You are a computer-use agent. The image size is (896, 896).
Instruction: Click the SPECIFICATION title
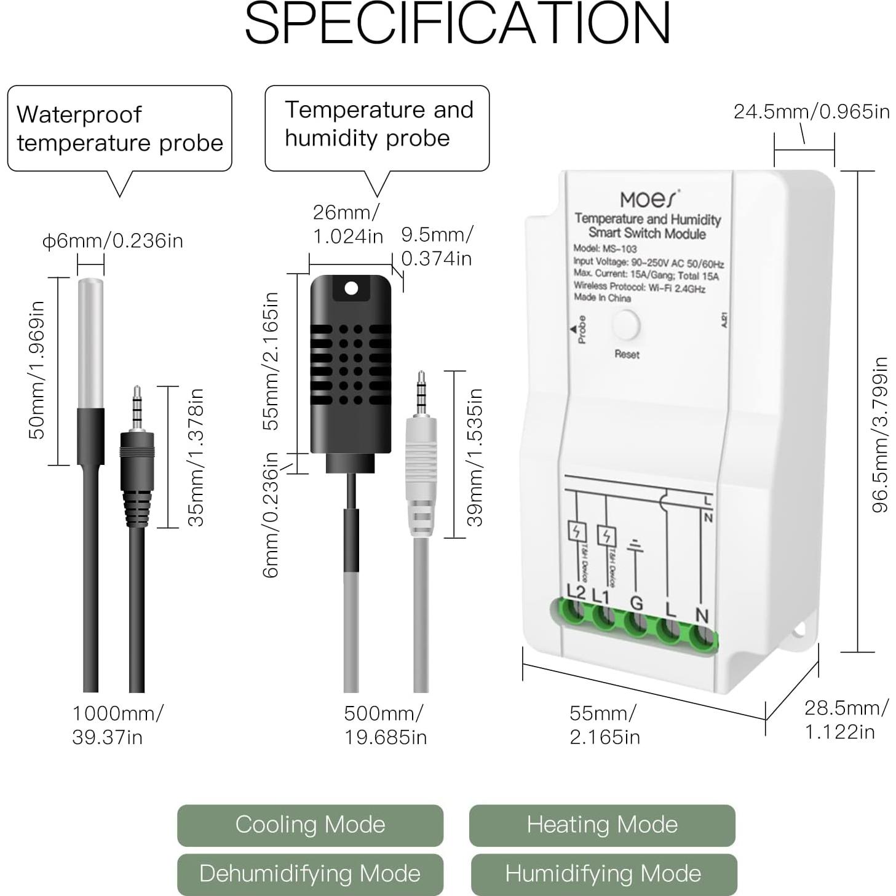click(x=457, y=23)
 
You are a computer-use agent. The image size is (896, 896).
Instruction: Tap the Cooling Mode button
click(x=310, y=825)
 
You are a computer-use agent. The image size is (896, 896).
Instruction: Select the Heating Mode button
click(x=601, y=825)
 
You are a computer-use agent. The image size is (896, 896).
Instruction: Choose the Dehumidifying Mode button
click(x=310, y=874)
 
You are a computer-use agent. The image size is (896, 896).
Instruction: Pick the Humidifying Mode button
click(x=603, y=874)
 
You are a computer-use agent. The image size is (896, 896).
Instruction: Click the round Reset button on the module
click(x=626, y=325)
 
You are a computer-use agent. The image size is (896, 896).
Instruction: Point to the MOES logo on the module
click(x=649, y=199)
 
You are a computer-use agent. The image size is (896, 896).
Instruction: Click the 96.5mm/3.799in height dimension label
click(x=880, y=434)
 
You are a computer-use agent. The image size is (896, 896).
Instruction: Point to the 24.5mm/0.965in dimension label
click(x=811, y=112)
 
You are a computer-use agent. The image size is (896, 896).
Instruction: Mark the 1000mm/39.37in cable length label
click(x=117, y=725)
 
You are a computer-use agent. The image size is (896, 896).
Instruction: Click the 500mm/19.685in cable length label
click(x=384, y=725)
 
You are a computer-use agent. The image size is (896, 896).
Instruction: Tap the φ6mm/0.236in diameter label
click(x=113, y=240)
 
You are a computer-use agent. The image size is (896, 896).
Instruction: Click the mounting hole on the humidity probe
click(x=351, y=288)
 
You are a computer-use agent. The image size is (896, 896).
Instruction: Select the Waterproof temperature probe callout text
click(x=119, y=129)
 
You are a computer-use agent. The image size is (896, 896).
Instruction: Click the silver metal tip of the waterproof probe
click(x=90, y=342)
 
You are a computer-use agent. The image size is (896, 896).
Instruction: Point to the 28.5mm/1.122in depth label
click(x=846, y=720)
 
